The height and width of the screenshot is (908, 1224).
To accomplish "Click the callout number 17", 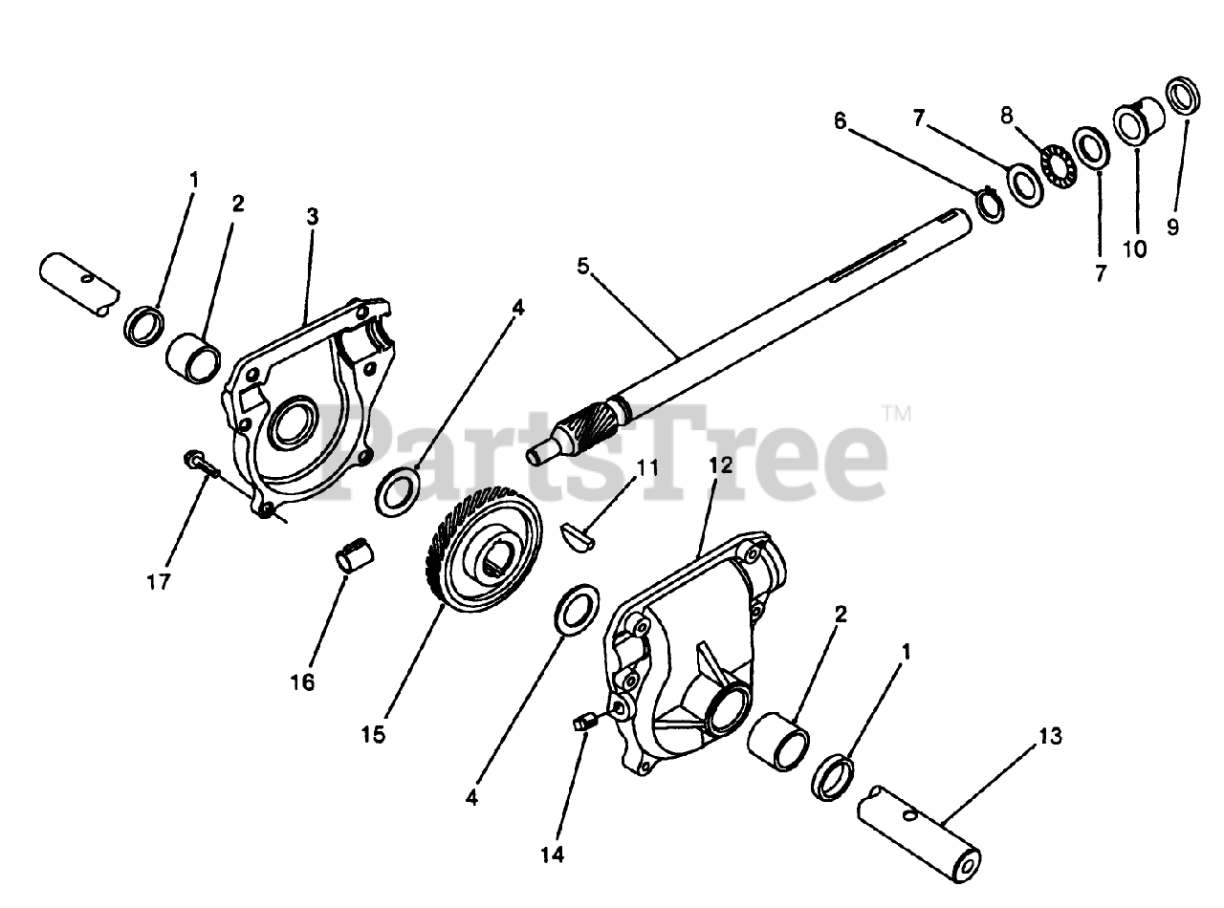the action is pyautogui.click(x=159, y=581).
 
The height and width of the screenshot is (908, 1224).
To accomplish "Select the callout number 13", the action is pyautogui.click(x=1050, y=736).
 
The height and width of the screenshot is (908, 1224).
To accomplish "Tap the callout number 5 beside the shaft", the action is pyautogui.click(x=583, y=267).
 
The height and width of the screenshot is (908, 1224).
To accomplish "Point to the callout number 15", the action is pyautogui.click(x=373, y=735).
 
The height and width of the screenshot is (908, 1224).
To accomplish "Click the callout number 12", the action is pyautogui.click(x=721, y=465).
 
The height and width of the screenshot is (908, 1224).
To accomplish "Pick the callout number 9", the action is pyautogui.click(x=1172, y=227).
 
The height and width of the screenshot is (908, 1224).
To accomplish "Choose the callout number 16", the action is pyautogui.click(x=302, y=682).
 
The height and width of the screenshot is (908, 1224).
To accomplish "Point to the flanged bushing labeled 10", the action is pyautogui.click(x=1138, y=121).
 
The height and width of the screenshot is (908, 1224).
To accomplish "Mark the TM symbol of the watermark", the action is pyautogui.click(x=898, y=414).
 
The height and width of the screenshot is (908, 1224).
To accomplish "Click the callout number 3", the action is pyautogui.click(x=313, y=216).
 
